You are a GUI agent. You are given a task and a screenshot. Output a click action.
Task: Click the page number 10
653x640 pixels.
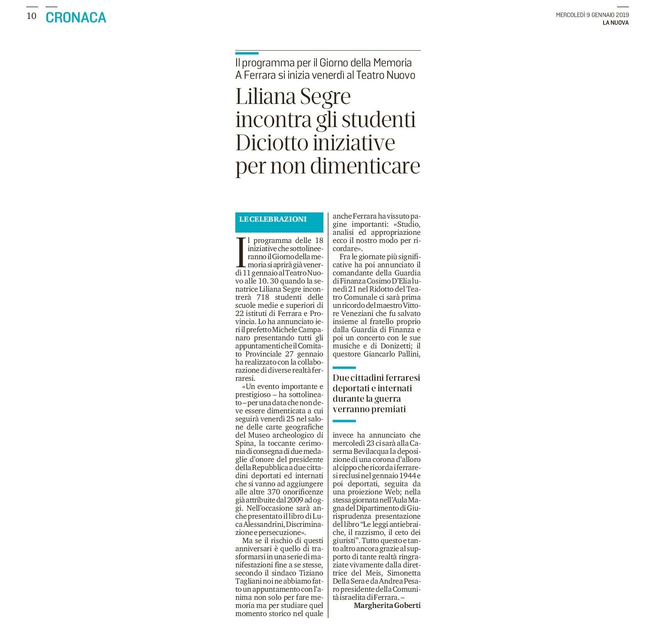coord(31,16)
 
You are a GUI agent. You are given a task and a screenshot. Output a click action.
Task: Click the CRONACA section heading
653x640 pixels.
coord(76,17)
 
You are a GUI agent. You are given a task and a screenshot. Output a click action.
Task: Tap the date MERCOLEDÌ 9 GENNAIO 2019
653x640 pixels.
coord(592,15)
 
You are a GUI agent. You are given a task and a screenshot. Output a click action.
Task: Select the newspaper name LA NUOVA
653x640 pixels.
coord(616,23)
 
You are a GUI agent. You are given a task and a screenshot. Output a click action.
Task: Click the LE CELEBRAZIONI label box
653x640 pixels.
coord(279,222)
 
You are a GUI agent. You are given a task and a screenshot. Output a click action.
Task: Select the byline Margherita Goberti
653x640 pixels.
coord(387,605)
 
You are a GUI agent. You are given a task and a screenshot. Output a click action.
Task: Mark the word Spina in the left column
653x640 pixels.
coord(244,443)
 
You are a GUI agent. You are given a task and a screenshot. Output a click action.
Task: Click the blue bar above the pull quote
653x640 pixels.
coord(344,368)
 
